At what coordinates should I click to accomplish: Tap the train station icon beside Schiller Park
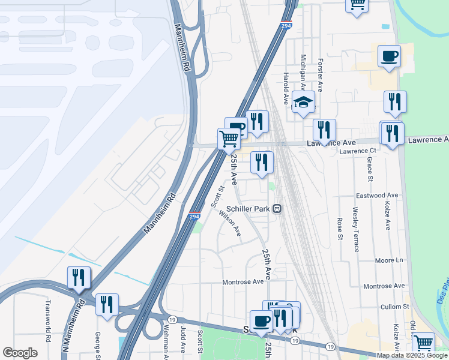(x=277, y=209)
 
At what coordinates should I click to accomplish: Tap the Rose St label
(x=340, y=227)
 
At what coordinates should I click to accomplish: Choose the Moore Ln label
(x=389, y=260)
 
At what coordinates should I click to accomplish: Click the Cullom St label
(x=394, y=307)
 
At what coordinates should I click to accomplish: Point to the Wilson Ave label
(x=230, y=223)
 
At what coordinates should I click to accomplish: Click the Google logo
(x=20, y=353)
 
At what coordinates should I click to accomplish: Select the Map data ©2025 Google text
(x=412, y=355)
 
